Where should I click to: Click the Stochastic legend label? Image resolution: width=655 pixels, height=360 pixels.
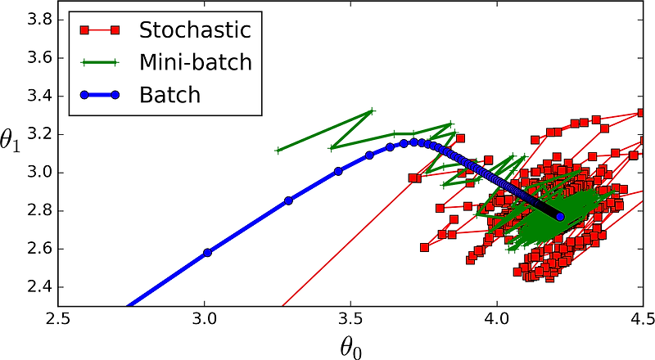point(194,31)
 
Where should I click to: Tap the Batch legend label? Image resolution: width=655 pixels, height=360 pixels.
point(169,94)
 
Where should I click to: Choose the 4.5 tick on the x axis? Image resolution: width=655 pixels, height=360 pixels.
point(639,317)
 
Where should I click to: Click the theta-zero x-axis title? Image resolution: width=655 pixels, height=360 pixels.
point(350,347)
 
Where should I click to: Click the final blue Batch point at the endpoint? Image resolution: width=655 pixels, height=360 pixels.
point(560,217)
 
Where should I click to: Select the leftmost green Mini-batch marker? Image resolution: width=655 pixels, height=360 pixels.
point(278,150)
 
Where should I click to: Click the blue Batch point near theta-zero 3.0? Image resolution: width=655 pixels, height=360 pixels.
point(207,252)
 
